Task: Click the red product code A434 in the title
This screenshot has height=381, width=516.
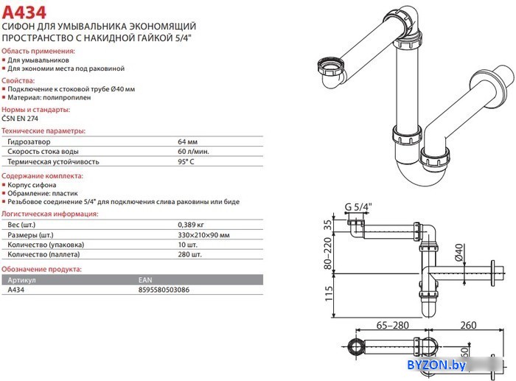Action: [24, 13]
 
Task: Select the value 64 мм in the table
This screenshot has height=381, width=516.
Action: [187, 141]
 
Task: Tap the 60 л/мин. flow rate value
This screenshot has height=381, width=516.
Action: [193, 152]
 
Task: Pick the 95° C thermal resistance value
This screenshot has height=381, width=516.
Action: [186, 162]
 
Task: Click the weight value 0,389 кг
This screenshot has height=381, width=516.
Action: [191, 225]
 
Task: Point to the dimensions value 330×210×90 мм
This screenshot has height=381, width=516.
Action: [203, 235]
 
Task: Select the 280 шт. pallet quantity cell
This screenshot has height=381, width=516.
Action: [189, 254]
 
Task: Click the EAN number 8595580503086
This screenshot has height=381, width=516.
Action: [164, 290]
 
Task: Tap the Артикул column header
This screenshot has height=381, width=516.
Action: [21, 280]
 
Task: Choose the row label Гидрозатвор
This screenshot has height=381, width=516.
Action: [29, 141]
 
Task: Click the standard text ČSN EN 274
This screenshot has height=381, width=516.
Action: [20, 119]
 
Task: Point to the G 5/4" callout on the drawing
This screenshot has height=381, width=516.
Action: [358, 207]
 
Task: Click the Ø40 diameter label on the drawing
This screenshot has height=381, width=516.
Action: [459, 252]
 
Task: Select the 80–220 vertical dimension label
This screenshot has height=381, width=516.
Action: [328, 254]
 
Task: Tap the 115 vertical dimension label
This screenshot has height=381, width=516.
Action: [329, 293]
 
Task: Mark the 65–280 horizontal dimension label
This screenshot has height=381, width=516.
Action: [393, 326]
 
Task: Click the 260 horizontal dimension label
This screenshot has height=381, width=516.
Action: [468, 326]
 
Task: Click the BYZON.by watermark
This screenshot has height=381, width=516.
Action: [436, 365]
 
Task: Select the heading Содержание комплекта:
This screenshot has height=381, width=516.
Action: [43, 176]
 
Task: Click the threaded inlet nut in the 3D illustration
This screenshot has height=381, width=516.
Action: [331, 66]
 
